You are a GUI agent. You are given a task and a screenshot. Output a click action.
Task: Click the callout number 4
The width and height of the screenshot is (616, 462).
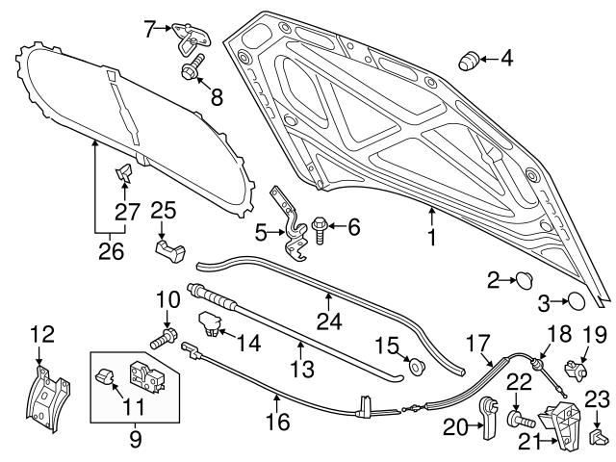coord(507,59)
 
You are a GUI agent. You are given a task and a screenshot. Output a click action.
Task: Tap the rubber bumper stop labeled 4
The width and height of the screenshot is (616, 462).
coord(469,61)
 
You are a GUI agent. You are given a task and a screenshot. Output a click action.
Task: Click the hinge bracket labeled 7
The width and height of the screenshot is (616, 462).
coord(191,38)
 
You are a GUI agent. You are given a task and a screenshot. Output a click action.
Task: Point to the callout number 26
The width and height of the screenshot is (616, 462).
coord(112,251)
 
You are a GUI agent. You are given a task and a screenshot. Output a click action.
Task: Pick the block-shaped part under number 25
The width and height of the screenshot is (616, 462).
coord(170,250)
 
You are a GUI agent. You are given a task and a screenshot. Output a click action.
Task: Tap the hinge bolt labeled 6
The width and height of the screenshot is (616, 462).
coord(319,230)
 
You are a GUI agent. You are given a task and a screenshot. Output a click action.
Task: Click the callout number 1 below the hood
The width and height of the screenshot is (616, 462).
coord(432,238)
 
